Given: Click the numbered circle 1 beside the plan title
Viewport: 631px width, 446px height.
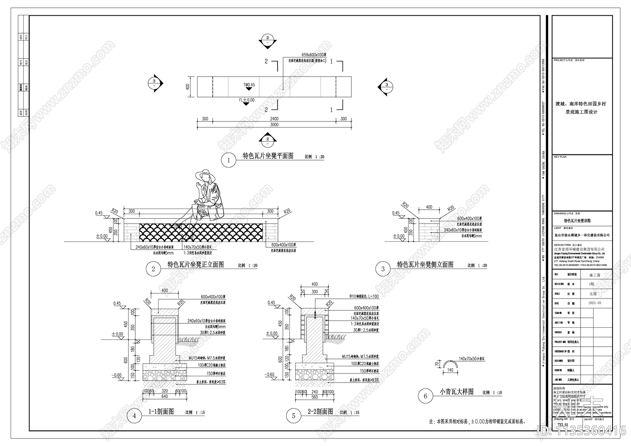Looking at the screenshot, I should (228, 160).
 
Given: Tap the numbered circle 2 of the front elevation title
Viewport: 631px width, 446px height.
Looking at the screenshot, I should (153, 269).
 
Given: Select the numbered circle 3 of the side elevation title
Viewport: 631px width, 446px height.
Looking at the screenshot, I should (383, 269).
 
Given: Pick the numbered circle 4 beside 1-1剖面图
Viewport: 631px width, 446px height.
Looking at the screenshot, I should (134, 416).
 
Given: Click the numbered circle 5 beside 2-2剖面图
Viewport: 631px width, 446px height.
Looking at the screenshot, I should (294, 416).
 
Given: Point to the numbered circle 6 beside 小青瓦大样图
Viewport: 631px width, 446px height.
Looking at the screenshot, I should (425, 396).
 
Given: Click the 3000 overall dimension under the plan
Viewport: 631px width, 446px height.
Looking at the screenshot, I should (274, 125).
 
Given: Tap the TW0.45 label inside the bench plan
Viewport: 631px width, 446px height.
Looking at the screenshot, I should (249, 85).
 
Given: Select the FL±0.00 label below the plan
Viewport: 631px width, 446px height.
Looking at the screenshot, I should (246, 100).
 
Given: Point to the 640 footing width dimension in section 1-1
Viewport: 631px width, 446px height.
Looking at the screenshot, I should (164, 396).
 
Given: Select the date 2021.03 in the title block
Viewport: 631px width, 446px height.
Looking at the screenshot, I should (595, 303).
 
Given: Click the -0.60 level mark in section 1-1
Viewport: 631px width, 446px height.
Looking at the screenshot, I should (117, 375).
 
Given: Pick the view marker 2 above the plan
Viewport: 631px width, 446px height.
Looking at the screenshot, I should (267, 39).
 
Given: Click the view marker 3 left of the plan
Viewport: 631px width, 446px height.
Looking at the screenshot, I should (154, 83).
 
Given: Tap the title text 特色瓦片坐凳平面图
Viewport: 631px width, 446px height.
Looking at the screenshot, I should (268, 156).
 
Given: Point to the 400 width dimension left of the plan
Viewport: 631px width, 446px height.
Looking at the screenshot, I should (188, 86).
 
